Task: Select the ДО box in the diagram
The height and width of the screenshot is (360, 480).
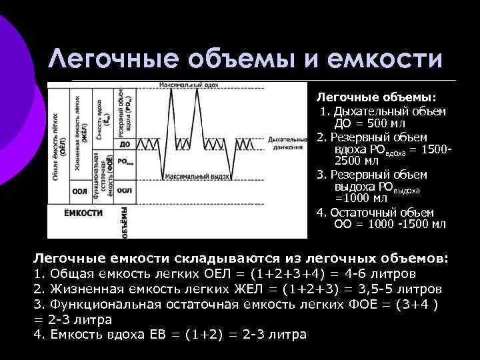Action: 124,144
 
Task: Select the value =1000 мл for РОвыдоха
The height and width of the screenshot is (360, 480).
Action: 361,198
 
